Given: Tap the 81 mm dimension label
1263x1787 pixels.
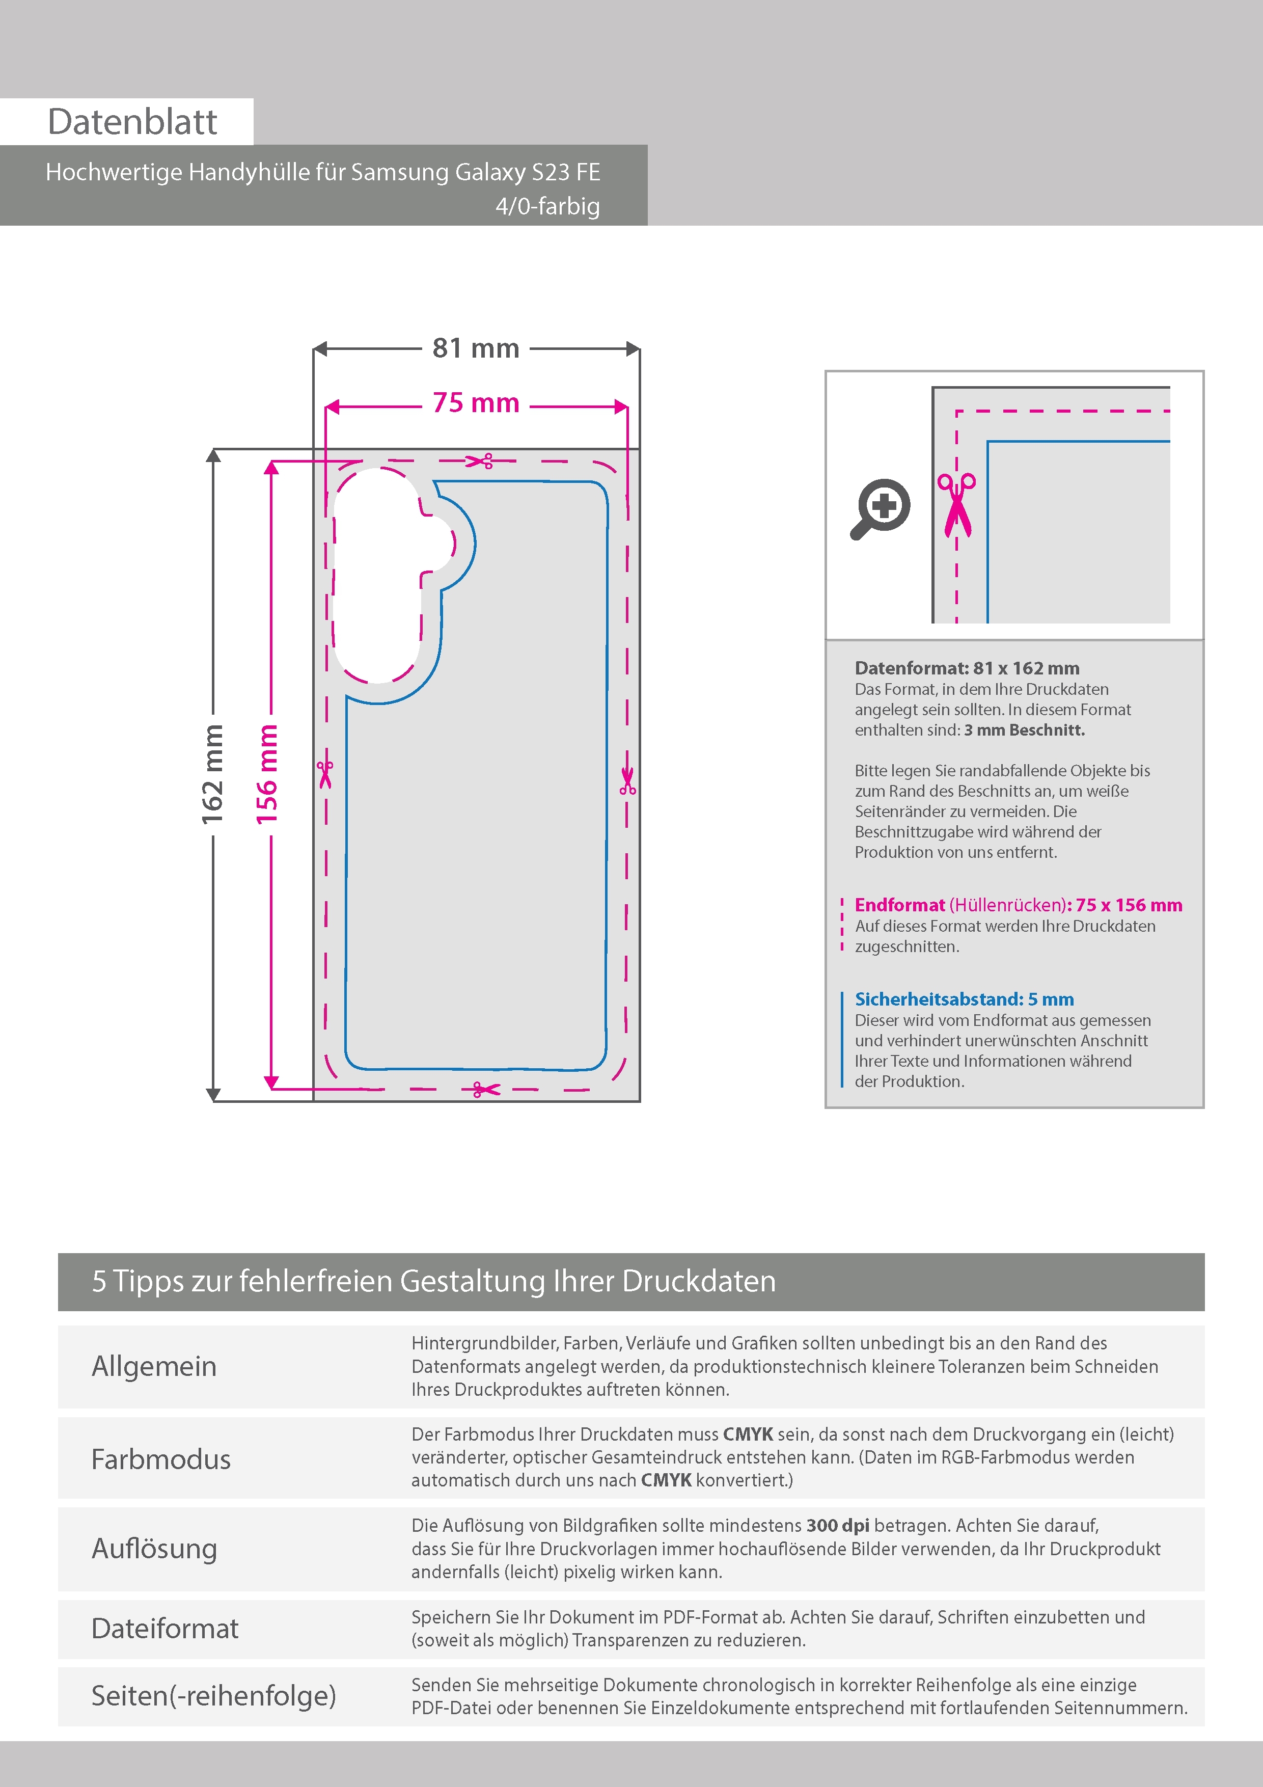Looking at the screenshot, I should [x=476, y=348].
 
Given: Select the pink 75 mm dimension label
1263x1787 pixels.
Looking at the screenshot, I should [x=476, y=403].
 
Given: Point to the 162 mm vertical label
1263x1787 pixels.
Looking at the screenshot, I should [x=212, y=774].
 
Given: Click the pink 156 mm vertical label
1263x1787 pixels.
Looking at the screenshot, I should [x=267, y=774].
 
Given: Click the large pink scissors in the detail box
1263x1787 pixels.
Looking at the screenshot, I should [x=956, y=504].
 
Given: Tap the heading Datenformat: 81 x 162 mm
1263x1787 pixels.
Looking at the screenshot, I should [x=967, y=668].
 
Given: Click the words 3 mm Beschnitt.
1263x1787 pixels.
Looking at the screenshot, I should [x=1024, y=730].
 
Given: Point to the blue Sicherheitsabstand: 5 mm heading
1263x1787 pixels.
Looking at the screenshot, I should [x=964, y=999].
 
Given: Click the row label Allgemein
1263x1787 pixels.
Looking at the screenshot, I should [x=154, y=1367].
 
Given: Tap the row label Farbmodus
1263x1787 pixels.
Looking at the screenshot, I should [x=161, y=1459].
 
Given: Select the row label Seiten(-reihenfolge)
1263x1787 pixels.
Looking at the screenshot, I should [x=214, y=1695].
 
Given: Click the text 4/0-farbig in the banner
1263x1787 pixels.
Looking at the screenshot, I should [x=548, y=206].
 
